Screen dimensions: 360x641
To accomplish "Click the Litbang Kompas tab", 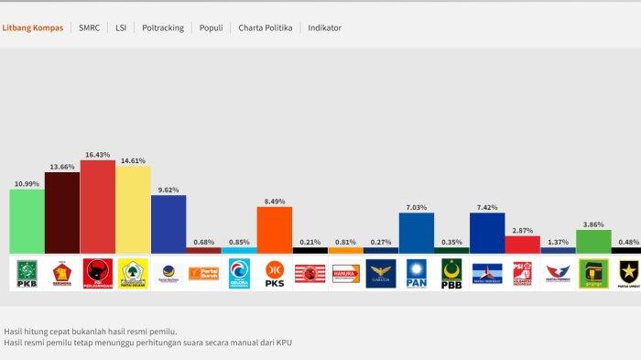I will point(33,28).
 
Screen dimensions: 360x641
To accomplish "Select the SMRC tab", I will point(90,28).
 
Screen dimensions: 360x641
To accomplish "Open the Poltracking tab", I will point(163,28).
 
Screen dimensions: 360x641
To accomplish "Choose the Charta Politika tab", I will point(266,28).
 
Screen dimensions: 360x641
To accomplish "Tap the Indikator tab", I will point(325,28).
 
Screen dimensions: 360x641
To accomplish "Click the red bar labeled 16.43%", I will point(97,206).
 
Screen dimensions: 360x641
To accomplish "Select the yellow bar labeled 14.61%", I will point(133,210).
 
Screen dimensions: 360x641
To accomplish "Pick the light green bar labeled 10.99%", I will point(27,221).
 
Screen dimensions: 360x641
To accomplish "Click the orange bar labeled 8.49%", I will point(274,229).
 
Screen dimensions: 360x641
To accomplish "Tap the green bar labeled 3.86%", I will point(593,241).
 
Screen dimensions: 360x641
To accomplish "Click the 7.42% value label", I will point(487,208).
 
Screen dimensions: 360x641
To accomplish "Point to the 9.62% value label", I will point(168,190).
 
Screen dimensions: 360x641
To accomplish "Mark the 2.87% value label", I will point(523,231).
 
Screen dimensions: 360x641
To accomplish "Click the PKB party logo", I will point(27,272).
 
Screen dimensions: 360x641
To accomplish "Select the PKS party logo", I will point(274,272).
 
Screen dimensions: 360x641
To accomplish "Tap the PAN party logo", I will point(416,272).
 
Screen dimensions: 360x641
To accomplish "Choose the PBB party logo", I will point(451,272).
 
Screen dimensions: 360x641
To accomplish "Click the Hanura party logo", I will point(345,272).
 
